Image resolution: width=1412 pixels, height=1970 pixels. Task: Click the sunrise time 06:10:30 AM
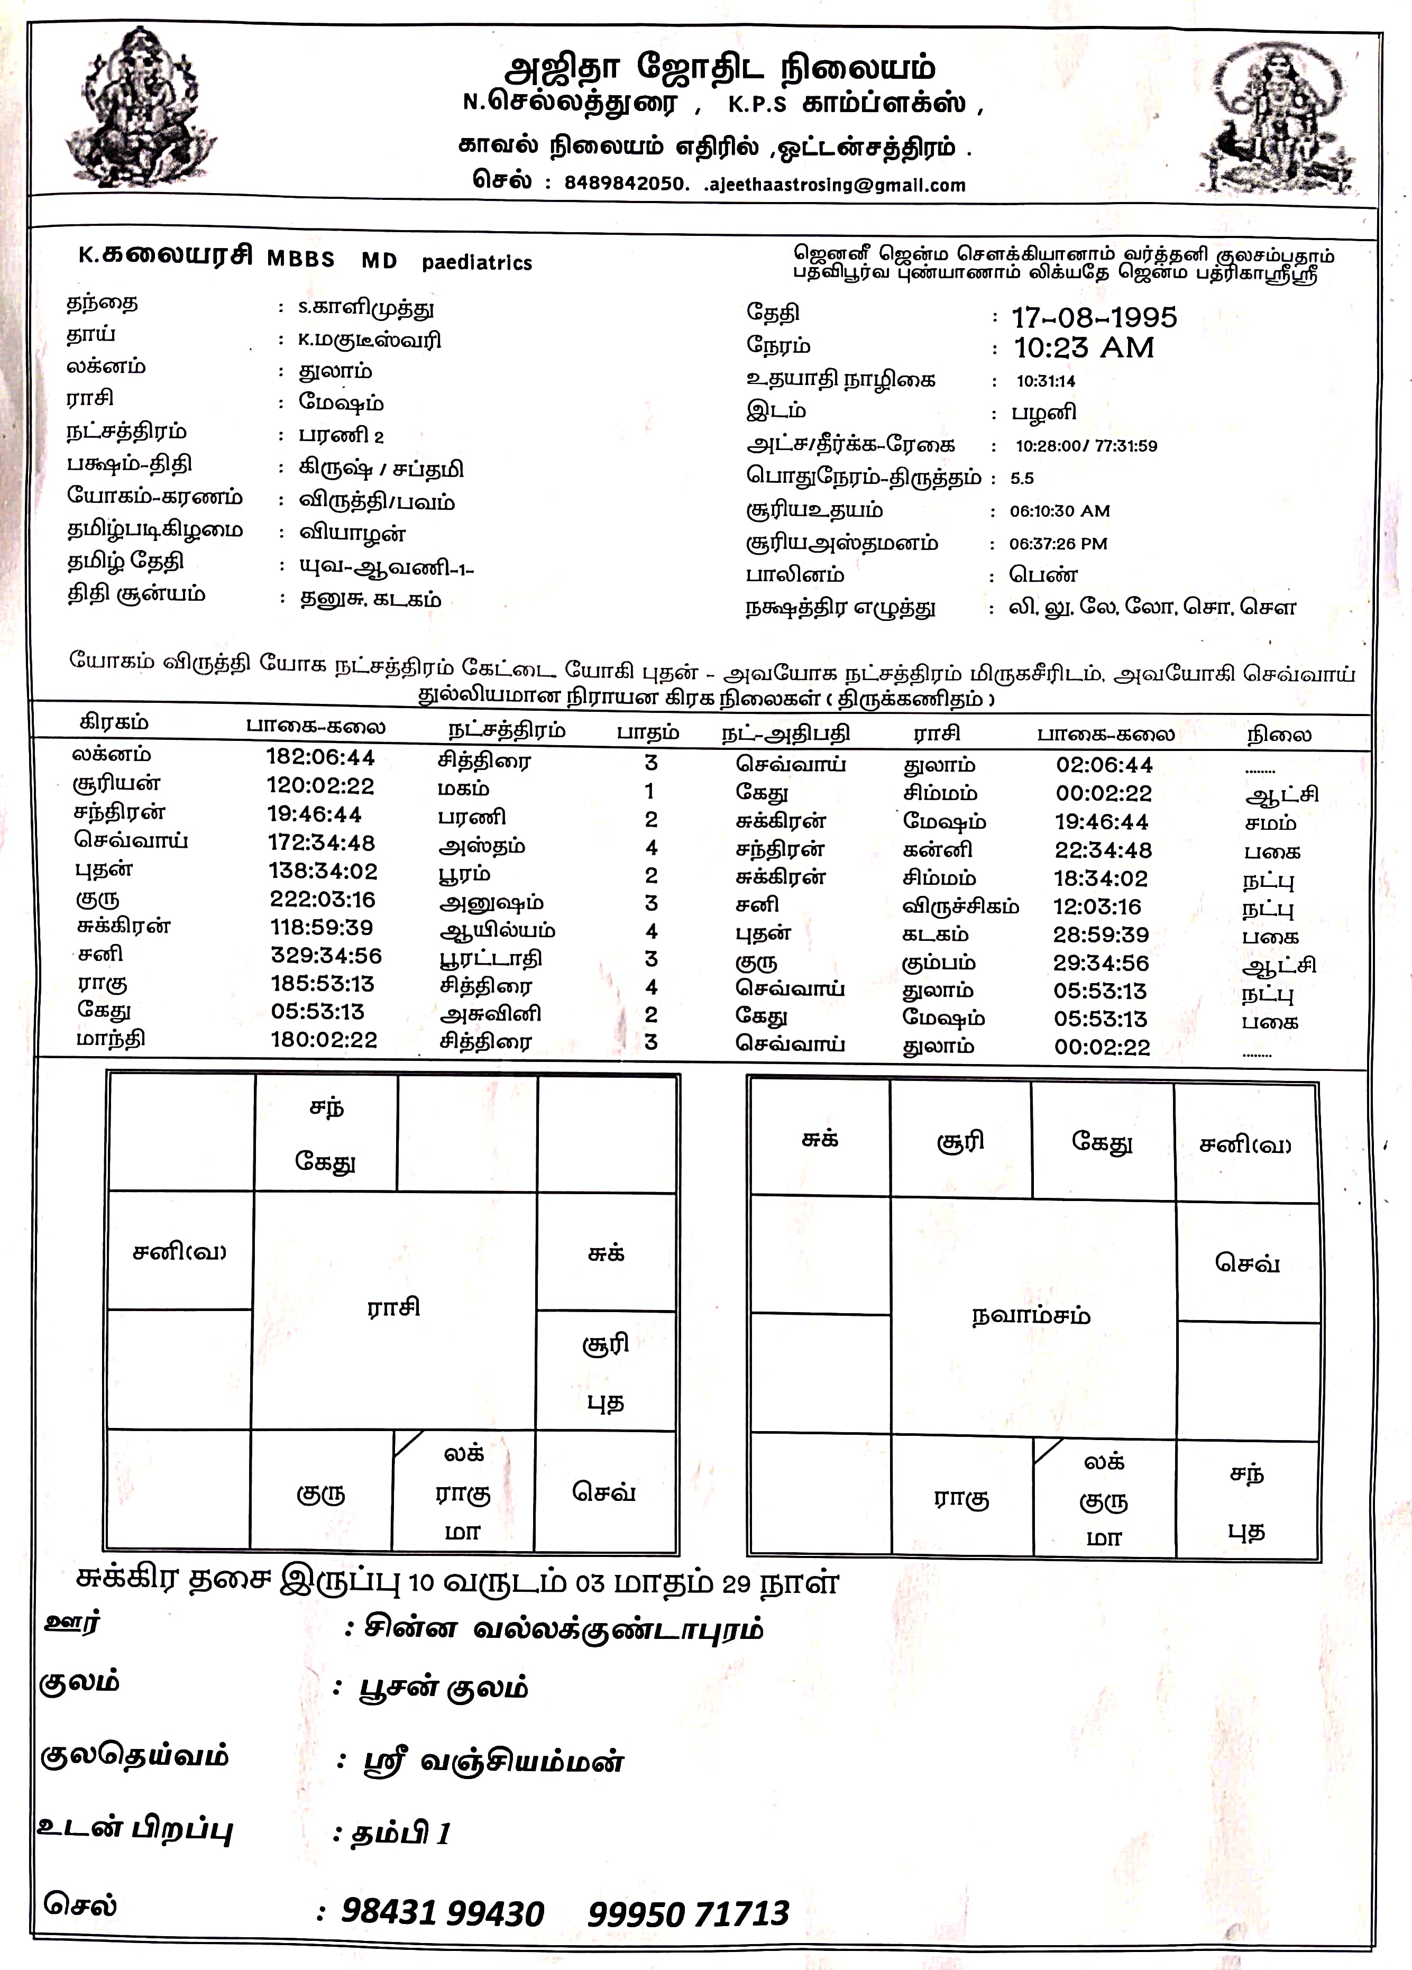coord(1059,511)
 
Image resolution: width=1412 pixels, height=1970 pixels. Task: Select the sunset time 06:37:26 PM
coord(1058,544)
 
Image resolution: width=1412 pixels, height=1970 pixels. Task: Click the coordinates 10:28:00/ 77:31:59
coord(1086,446)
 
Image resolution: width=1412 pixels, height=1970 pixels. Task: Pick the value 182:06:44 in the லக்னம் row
coord(320,757)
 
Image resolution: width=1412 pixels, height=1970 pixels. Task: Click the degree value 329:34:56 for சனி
coord(326,956)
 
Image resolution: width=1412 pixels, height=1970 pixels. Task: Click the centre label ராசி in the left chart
coord(393,1307)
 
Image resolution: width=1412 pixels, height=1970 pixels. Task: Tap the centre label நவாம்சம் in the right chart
coord(1031,1315)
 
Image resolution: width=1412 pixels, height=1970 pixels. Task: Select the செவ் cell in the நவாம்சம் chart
coord(1247,1263)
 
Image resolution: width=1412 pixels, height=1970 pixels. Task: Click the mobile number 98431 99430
coord(443,1913)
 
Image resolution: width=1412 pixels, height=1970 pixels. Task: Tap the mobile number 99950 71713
coord(689,1913)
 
